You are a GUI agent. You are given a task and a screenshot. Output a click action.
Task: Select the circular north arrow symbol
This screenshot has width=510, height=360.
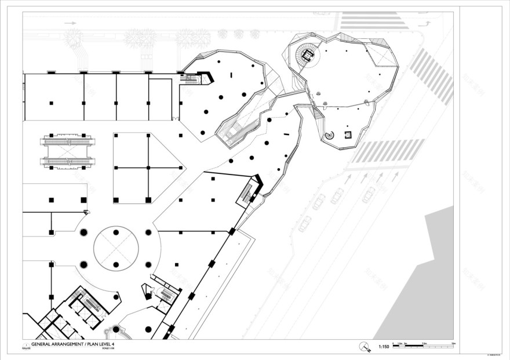[x=364, y=347]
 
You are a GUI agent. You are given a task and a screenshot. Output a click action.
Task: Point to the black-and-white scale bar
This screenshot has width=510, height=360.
[x=423, y=346]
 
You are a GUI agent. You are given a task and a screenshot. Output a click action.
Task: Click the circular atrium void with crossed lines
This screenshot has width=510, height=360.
[x=116, y=248]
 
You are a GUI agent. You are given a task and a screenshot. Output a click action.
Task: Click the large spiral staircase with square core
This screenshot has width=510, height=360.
[x=306, y=55]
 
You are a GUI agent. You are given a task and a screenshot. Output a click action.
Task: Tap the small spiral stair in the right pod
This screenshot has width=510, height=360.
[x=330, y=136]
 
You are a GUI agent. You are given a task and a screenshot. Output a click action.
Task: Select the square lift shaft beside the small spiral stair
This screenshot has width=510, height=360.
[x=348, y=134]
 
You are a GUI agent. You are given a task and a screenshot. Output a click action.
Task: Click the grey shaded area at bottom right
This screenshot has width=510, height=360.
[x=426, y=278]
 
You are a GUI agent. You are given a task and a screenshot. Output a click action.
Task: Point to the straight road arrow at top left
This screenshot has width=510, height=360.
[x=71, y=23]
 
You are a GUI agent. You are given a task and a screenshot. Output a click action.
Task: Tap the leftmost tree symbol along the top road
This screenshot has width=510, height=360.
[x=74, y=39]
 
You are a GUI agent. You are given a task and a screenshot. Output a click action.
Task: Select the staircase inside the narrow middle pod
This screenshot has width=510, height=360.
[x=236, y=129]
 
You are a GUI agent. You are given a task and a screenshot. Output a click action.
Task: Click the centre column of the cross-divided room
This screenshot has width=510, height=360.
[x=149, y=168]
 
